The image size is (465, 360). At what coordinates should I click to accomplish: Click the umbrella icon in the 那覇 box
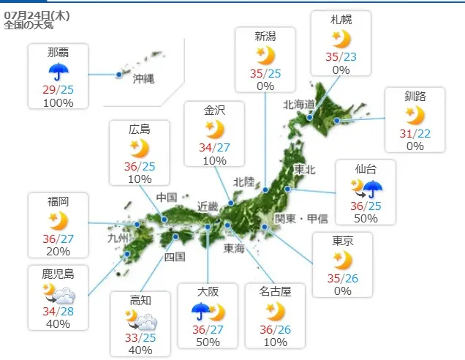click(58, 72)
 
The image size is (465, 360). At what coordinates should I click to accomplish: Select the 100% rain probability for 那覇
click(58, 103)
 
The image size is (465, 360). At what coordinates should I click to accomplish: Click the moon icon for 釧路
click(415, 115)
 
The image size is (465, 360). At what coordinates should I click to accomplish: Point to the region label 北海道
click(299, 105)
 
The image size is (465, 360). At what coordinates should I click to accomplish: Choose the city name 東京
click(342, 241)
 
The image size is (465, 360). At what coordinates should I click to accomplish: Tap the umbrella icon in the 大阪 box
click(200, 312)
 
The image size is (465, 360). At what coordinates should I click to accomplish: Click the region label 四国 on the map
click(175, 256)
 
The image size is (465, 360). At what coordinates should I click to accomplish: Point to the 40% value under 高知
click(141, 350)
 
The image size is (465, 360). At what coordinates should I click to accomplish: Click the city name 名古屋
click(276, 292)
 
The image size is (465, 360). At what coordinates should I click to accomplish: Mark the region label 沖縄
click(144, 79)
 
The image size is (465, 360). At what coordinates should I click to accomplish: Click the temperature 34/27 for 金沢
click(214, 148)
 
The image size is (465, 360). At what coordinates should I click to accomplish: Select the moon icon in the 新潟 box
click(265, 54)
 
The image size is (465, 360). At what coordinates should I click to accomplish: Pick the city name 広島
click(139, 130)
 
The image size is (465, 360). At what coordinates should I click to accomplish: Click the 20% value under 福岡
click(58, 252)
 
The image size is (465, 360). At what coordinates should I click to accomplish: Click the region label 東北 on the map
click(304, 169)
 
